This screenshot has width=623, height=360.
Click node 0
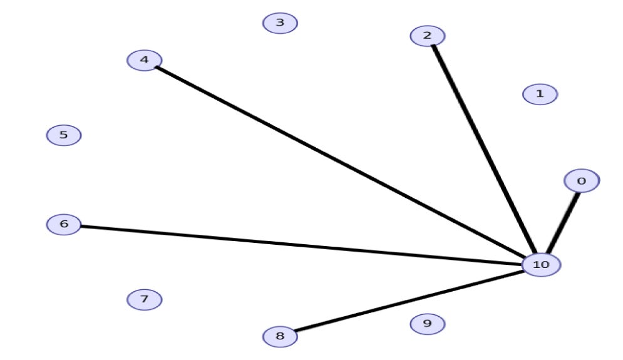(581, 182)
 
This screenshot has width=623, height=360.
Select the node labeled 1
(539, 95)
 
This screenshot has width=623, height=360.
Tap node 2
(428, 36)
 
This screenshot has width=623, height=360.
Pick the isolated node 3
(280, 23)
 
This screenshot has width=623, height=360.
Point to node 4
(145, 60)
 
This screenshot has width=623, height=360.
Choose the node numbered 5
(64, 135)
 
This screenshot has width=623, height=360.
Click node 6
(64, 224)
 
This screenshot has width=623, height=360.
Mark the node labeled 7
(144, 300)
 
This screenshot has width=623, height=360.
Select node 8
(279, 337)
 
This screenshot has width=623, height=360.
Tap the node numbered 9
(428, 324)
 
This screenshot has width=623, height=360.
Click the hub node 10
(541, 265)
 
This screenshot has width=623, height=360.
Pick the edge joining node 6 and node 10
(301, 244)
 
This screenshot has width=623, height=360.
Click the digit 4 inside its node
(145, 60)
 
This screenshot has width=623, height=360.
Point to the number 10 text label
(541, 265)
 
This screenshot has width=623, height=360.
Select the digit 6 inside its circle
(64, 224)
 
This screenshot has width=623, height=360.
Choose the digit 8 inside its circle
(279, 337)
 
